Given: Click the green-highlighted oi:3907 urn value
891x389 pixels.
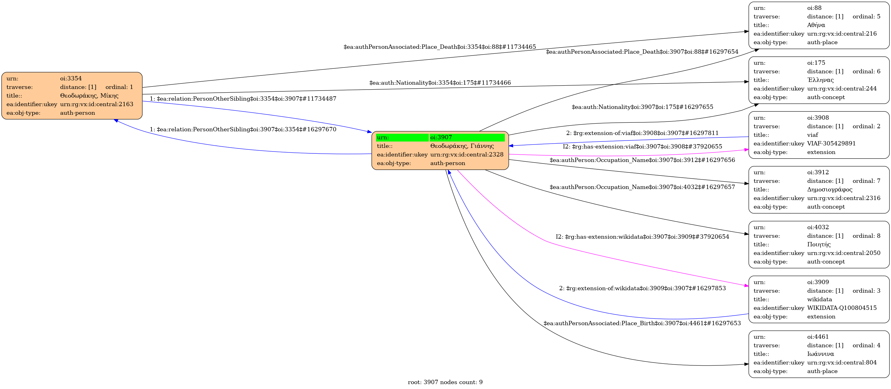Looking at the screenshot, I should tap(441, 137).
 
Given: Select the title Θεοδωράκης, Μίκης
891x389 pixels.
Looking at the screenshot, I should tap(89, 95).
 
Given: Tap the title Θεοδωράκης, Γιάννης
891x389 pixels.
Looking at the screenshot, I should tap(462, 146).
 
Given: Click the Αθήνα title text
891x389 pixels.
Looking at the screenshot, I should tap(816, 25).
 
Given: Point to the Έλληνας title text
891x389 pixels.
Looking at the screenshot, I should tap(820, 80).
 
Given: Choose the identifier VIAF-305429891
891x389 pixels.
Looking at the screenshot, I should tap(831, 143).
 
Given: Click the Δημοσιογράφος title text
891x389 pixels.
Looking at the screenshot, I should tap(829, 190).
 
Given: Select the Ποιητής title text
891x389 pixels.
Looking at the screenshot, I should tap(819, 244).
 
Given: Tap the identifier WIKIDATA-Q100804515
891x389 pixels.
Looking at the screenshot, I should tap(842, 308).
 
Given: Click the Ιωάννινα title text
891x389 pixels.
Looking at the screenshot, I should tap(820, 354).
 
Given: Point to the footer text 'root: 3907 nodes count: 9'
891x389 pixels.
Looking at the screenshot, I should tap(445, 382).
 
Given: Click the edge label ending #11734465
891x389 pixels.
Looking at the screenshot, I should tap(440, 47).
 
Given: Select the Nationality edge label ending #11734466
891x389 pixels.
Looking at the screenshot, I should tap(440, 83).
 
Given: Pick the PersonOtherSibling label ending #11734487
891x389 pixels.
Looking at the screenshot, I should tap(243, 99).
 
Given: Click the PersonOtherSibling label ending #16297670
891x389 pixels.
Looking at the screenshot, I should tap(243, 129).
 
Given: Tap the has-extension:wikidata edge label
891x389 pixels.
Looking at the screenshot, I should tap(642, 237).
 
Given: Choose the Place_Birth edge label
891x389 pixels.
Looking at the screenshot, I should tap(642, 323).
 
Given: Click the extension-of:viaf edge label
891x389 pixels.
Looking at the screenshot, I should tap(642, 133).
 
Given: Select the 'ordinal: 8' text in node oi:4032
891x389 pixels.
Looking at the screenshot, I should tap(866, 236).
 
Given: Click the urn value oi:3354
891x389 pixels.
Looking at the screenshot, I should tap(71, 78).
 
